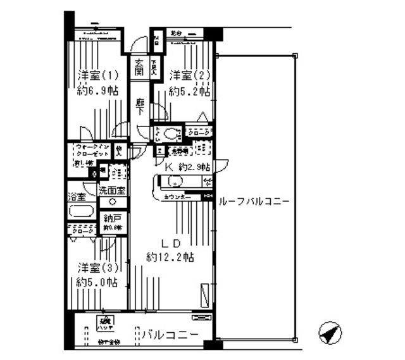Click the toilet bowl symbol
click(x=170, y=133)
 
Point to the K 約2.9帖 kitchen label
click(x=184, y=168)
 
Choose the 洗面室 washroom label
click(x=111, y=190)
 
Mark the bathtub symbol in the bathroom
click(x=81, y=212)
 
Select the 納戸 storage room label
click(x=112, y=221)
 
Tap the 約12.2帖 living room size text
click(x=170, y=258)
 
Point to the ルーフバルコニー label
click(x=253, y=201)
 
